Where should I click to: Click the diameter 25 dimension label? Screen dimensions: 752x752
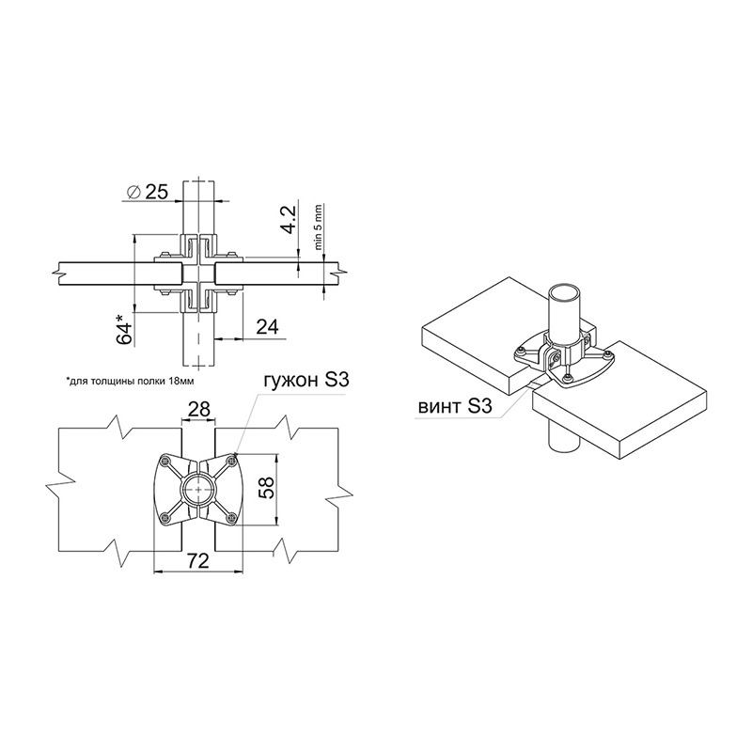[148, 193]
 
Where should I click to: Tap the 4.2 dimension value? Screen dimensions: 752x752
[290, 218]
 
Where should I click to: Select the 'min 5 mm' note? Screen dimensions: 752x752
[319, 227]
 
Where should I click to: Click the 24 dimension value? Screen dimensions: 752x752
[268, 326]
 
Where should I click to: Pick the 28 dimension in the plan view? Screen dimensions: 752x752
[199, 409]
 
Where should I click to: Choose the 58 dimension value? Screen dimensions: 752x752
[268, 487]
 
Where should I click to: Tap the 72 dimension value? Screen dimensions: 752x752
[197, 560]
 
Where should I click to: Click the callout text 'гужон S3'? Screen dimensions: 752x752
[305, 381]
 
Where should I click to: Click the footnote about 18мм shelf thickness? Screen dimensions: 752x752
[131, 382]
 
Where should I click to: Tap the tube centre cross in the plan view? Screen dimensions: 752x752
[198, 489]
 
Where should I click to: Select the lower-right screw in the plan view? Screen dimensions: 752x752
[232, 516]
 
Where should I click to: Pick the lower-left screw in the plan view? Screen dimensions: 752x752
[166, 516]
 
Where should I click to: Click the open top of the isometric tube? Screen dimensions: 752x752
[565, 291]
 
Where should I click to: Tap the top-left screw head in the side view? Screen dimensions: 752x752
[164, 254]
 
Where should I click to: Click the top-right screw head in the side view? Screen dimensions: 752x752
[232, 254]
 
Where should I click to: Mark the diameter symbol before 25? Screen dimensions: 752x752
[133, 193]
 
